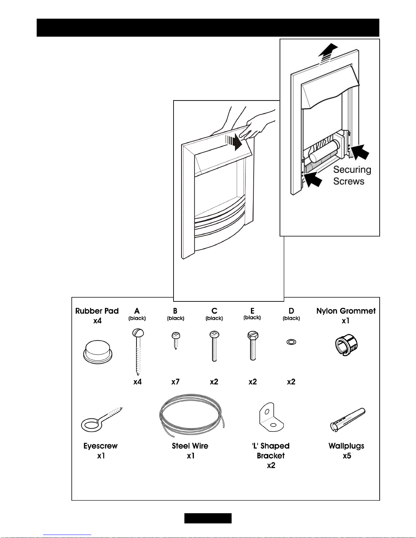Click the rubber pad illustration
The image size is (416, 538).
[97, 352]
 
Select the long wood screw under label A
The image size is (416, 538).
[138, 352]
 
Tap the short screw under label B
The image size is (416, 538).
[176, 341]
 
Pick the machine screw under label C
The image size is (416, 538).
[214, 346]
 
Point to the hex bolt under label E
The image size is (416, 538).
[253, 346]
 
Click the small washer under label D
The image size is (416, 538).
[291, 342]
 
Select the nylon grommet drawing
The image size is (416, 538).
[346, 345]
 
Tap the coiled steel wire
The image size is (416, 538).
[192, 415]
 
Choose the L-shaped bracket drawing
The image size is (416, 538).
[271, 417]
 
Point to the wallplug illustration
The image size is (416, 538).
[348, 420]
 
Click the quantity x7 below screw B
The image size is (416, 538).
[175, 382]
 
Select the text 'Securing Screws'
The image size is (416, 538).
[352, 175]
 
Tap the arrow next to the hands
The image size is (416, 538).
[234, 142]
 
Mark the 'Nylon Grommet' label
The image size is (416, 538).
[346, 311]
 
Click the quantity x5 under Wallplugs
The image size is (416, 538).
[347, 456]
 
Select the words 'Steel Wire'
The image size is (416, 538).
[190, 446]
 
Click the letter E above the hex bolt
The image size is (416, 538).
[252, 311]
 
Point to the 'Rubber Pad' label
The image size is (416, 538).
[97, 311]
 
